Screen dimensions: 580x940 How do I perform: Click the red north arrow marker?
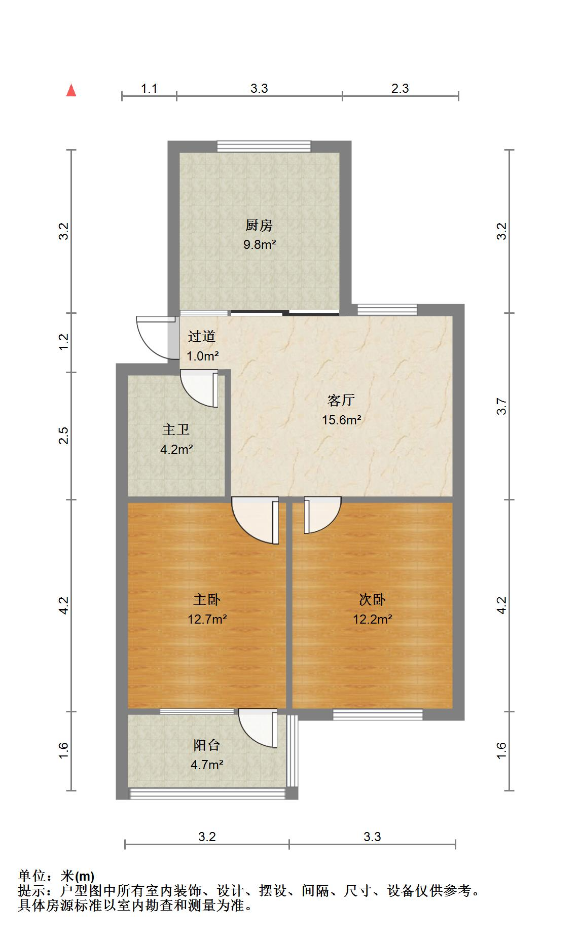(x=71, y=90)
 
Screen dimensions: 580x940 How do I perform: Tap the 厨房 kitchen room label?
(x=259, y=225)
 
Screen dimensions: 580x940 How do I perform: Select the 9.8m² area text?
(x=260, y=244)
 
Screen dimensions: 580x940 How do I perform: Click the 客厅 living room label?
(x=341, y=401)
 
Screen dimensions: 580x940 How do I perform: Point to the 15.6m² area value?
(x=342, y=420)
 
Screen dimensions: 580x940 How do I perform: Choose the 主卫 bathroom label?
(x=176, y=430)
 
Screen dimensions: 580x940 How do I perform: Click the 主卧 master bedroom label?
(x=207, y=600)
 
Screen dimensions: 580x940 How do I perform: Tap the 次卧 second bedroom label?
(x=372, y=600)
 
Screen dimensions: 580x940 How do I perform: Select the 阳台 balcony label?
(x=207, y=745)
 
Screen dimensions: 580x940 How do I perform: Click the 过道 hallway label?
(x=202, y=336)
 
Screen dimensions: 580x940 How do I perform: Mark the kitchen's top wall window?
(x=263, y=146)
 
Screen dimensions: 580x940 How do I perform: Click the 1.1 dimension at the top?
(x=149, y=89)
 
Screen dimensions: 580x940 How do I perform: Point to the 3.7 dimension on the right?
(x=501, y=407)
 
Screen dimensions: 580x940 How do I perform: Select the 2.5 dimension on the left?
(x=63, y=436)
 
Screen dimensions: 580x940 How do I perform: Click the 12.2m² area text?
(x=373, y=619)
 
